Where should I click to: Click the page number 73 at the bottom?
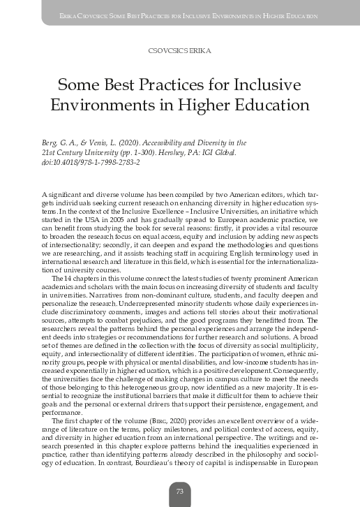[179, 492]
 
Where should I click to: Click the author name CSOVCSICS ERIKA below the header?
[180, 51]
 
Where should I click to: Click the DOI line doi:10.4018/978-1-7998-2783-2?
[91, 162]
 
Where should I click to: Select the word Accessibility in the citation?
[169, 142]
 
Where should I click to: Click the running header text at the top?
[180, 15]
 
